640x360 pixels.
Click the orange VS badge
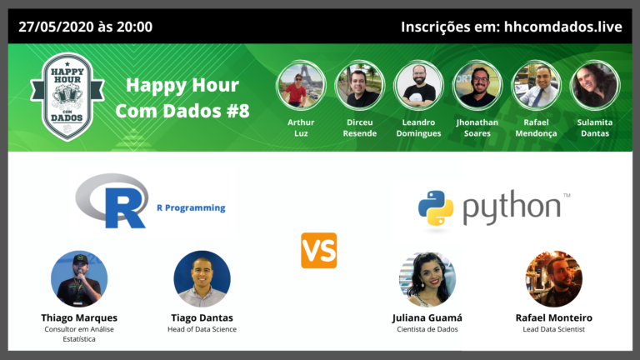pyautogui.click(x=319, y=250)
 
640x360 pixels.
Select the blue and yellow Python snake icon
pyautogui.click(x=435, y=207)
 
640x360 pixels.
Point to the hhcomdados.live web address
pyautogui.click(x=562, y=27)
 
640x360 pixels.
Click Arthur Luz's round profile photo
pyautogui.click(x=301, y=86)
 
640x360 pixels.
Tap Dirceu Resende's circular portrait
pyautogui.click(x=359, y=86)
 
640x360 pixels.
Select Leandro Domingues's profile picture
pyautogui.click(x=418, y=86)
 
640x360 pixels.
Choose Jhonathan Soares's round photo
pyautogui.click(x=477, y=86)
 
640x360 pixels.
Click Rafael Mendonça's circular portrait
pyautogui.click(x=536, y=86)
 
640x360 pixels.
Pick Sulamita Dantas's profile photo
pyautogui.click(x=594, y=86)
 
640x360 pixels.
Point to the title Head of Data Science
pyautogui.click(x=202, y=329)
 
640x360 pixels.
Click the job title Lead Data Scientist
pyautogui.click(x=554, y=329)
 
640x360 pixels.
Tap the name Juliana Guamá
pyautogui.click(x=427, y=317)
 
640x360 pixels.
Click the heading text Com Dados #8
pyautogui.click(x=182, y=111)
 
